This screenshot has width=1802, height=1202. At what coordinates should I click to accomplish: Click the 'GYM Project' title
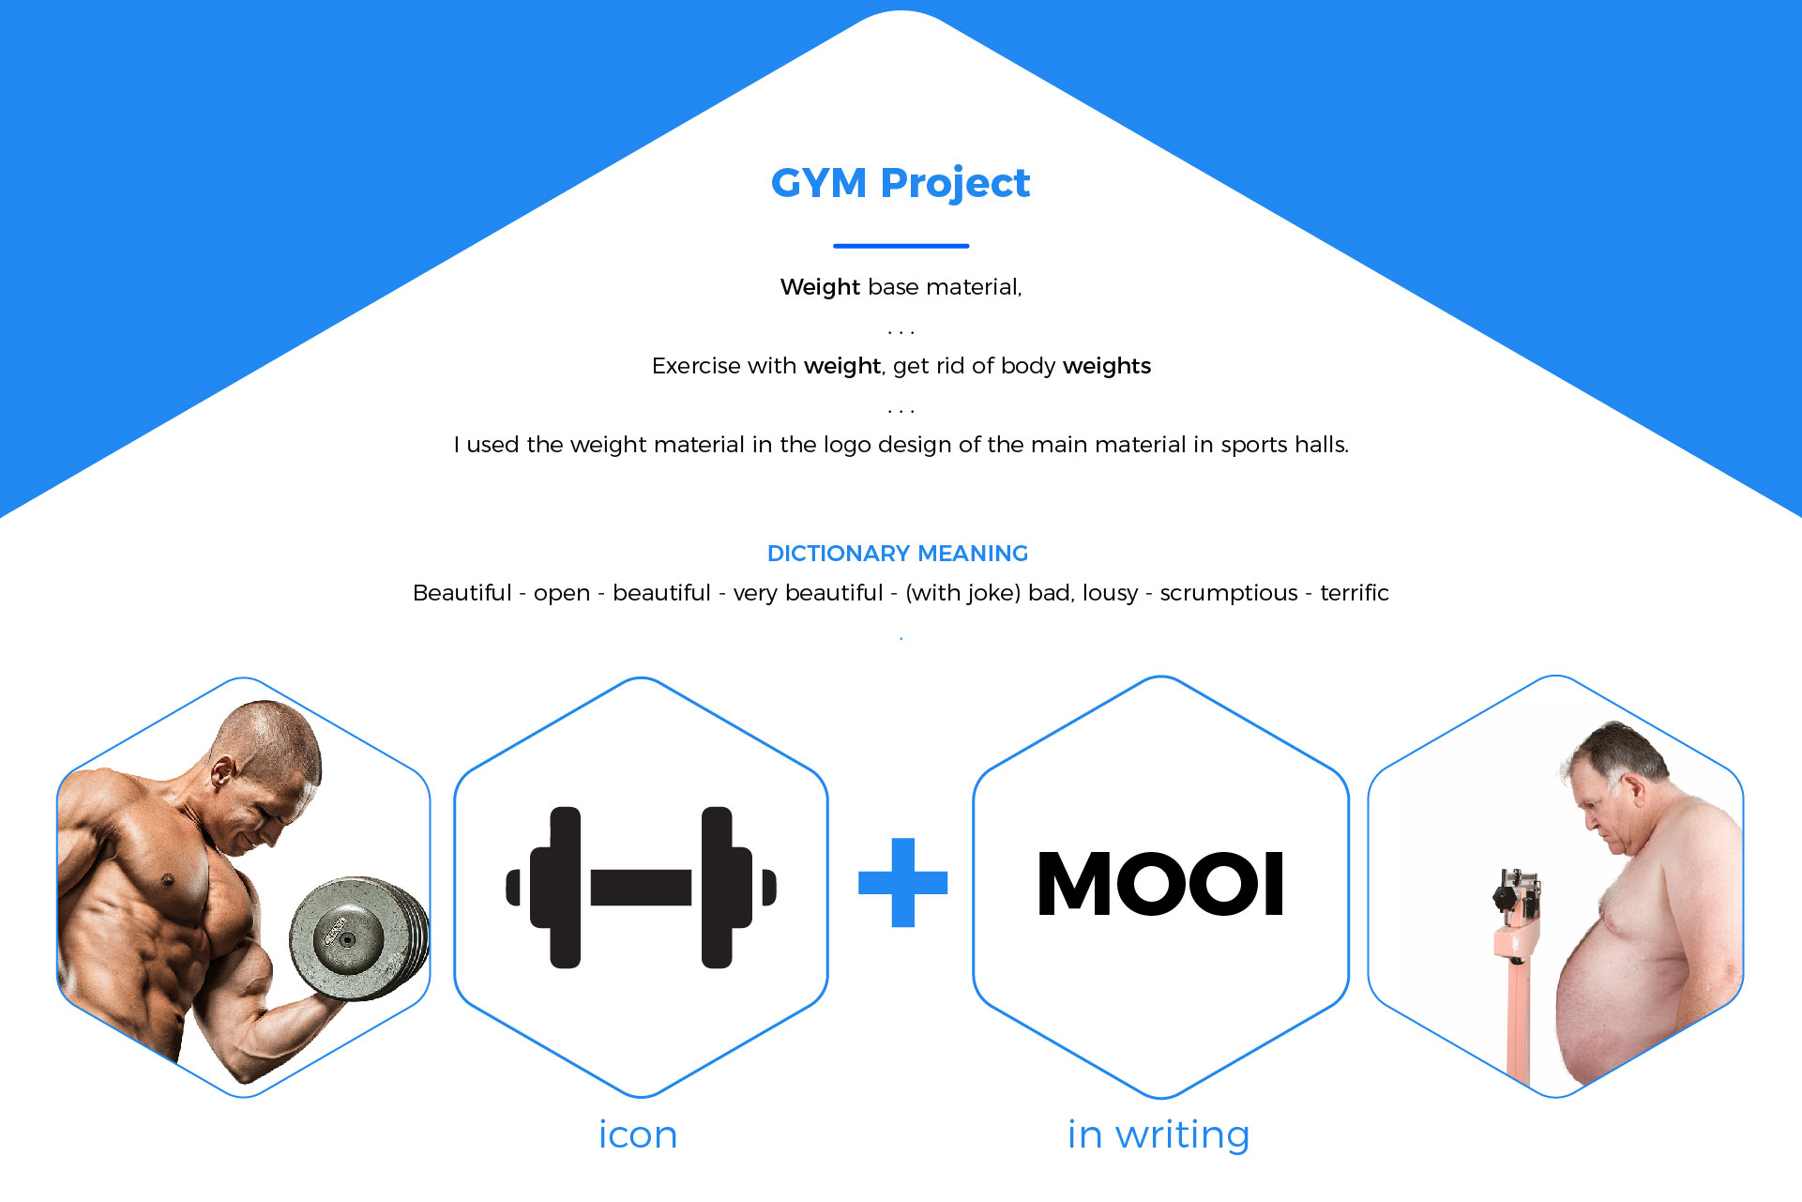tap(901, 184)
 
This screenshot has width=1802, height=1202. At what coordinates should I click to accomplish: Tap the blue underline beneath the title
tap(901, 246)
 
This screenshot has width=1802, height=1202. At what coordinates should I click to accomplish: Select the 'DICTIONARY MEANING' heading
tap(898, 554)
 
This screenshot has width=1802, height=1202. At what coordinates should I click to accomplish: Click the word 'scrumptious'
tap(1229, 593)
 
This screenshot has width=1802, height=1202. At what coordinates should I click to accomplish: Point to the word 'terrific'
tap(1354, 593)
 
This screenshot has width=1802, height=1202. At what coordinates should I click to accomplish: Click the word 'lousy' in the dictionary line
tap(1110, 594)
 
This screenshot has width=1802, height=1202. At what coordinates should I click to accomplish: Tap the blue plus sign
tap(902, 882)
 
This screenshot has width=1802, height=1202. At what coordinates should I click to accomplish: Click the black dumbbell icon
tap(641, 887)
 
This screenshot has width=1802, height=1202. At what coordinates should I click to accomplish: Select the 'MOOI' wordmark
tap(1160, 883)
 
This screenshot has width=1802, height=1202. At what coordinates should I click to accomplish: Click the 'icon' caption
tap(638, 1134)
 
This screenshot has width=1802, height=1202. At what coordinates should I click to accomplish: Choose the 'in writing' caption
tap(1158, 1135)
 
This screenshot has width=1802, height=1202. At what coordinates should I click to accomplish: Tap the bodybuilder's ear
tap(223, 772)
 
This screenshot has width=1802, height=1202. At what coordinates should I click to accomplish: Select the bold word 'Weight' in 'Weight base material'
tap(820, 287)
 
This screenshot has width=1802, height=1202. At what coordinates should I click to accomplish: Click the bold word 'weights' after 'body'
tap(1107, 366)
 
